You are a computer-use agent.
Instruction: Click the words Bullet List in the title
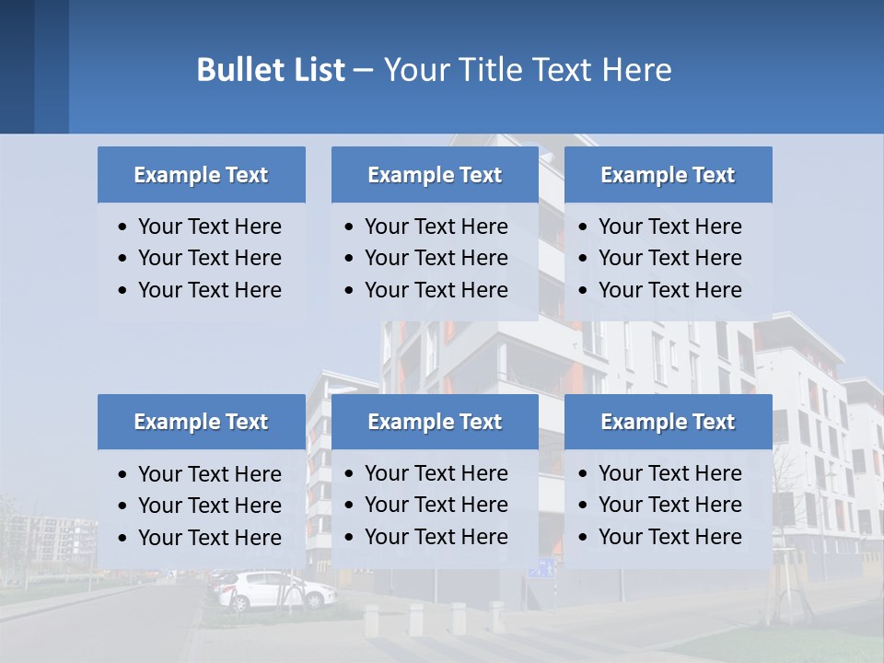click(271, 70)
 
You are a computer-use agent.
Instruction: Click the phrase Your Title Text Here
click(528, 70)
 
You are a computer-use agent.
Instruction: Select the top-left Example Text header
click(201, 175)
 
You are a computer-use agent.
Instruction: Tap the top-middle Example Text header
click(435, 175)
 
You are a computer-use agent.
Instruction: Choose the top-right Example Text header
click(668, 175)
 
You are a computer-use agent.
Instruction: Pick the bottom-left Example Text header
click(201, 422)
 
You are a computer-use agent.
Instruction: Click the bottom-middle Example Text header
click(435, 422)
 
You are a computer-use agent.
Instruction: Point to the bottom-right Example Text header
click(668, 422)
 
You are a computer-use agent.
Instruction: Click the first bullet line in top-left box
click(209, 227)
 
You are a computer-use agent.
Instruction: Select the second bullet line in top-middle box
click(436, 258)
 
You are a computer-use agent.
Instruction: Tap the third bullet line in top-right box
click(669, 290)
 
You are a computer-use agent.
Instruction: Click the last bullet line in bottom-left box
click(209, 538)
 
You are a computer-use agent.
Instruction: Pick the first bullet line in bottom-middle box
click(436, 473)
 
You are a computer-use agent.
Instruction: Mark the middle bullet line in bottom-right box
click(669, 505)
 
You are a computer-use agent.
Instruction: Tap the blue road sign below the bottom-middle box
click(541, 570)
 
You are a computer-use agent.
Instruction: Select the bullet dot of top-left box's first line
click(123, 227)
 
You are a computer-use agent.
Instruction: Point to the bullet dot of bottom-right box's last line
click(584, 537)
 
